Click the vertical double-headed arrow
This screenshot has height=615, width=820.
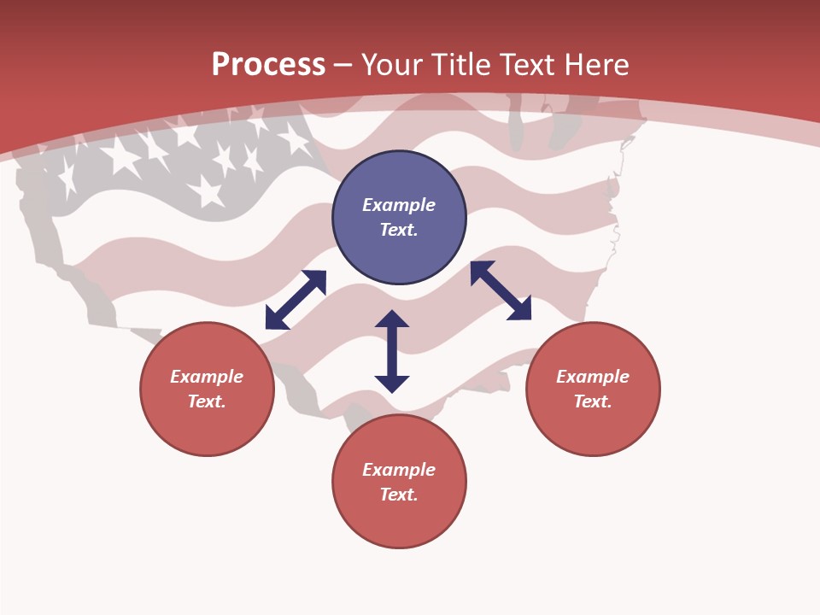(392, 351)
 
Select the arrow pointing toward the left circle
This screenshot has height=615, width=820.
(296, 300)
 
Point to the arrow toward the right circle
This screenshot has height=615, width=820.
(501, 290)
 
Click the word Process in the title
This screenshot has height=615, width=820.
(268, 64)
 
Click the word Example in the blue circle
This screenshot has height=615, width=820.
(399, 205)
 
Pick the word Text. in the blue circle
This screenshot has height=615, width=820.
(399, 230)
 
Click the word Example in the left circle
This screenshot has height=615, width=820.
(207, 377)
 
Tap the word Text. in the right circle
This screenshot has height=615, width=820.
(593, 401)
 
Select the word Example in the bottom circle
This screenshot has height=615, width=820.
(399, 470)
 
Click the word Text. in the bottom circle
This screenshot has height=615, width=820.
(399, 495)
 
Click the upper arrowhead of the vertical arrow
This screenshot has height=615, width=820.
(392, 319)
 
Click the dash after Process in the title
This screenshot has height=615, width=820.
(343, 65)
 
